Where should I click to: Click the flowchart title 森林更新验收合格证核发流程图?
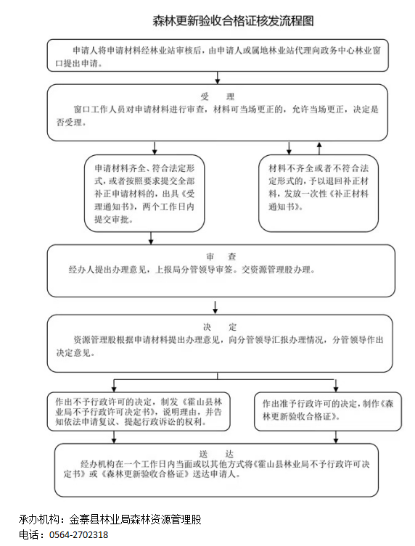233,21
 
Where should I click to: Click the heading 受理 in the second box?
217,96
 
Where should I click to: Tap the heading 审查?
221,257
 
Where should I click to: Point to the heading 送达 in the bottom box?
216,454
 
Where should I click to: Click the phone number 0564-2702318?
79,535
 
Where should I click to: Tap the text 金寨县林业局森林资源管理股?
135,520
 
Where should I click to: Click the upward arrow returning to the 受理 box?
319,148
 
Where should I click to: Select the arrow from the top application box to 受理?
218,78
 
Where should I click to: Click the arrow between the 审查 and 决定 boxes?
215,307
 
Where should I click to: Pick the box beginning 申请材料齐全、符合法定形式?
144,194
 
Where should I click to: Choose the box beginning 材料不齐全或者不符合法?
318,194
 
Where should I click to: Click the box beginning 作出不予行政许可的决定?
139,412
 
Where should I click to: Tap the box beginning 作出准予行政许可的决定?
328,411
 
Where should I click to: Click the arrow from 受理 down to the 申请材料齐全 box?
155,148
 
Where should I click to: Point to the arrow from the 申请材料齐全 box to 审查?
151,238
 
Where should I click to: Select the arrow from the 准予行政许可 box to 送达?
336,437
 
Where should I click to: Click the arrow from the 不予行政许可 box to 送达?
114,437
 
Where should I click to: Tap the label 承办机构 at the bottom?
38,520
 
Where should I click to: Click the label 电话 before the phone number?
29,535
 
